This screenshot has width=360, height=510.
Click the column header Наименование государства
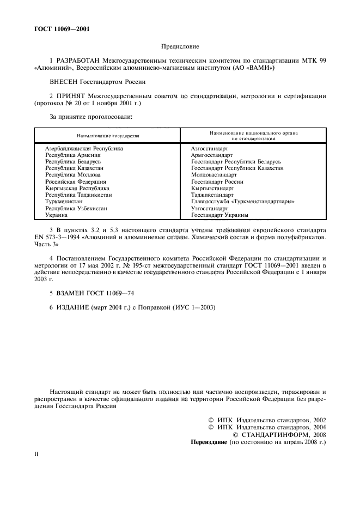(x=107, y=135)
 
